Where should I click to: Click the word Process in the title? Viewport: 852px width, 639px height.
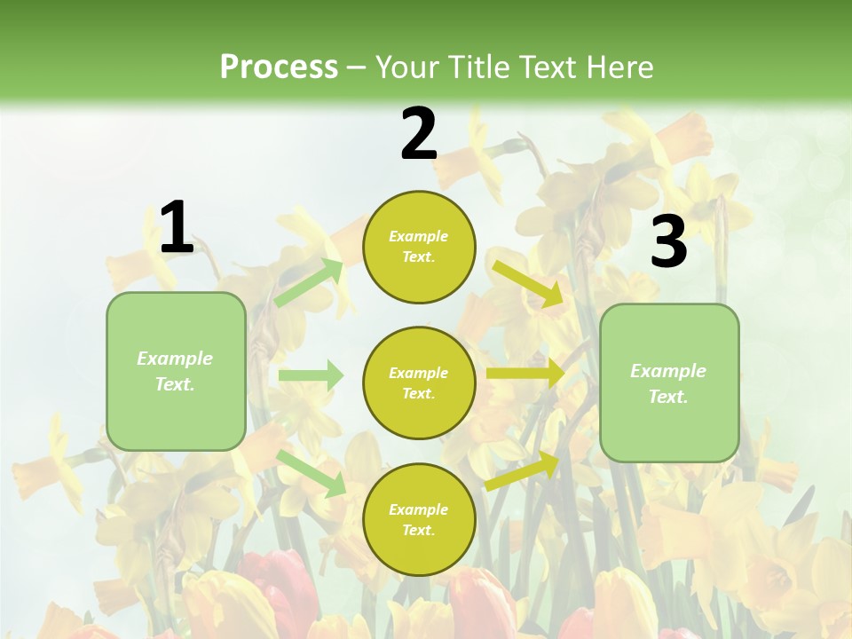(x=279, y=67)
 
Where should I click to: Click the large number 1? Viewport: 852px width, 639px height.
(x=176, y=228)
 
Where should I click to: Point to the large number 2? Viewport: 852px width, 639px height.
(x=419, y=134)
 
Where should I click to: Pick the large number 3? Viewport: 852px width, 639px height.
(x=668, y=242)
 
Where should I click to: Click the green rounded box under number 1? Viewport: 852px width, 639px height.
(x=176, y=371)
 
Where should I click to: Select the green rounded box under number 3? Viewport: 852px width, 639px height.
(x=669, y=383)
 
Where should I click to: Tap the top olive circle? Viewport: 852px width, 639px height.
(x=419, y=247)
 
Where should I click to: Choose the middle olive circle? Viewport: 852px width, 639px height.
(x=419, y=383)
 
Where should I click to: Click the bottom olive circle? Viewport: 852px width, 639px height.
(x=419, y=519)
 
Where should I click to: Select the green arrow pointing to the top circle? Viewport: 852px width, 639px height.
(x=309, y=283)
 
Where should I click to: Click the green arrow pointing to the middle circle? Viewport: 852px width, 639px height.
(x=311, y=375)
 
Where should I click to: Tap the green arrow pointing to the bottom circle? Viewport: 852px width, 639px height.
(x=311, y=472)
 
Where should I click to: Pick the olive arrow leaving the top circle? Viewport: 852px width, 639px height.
(x=527, y=283)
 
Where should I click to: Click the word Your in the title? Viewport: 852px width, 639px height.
(x=406, y=67)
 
